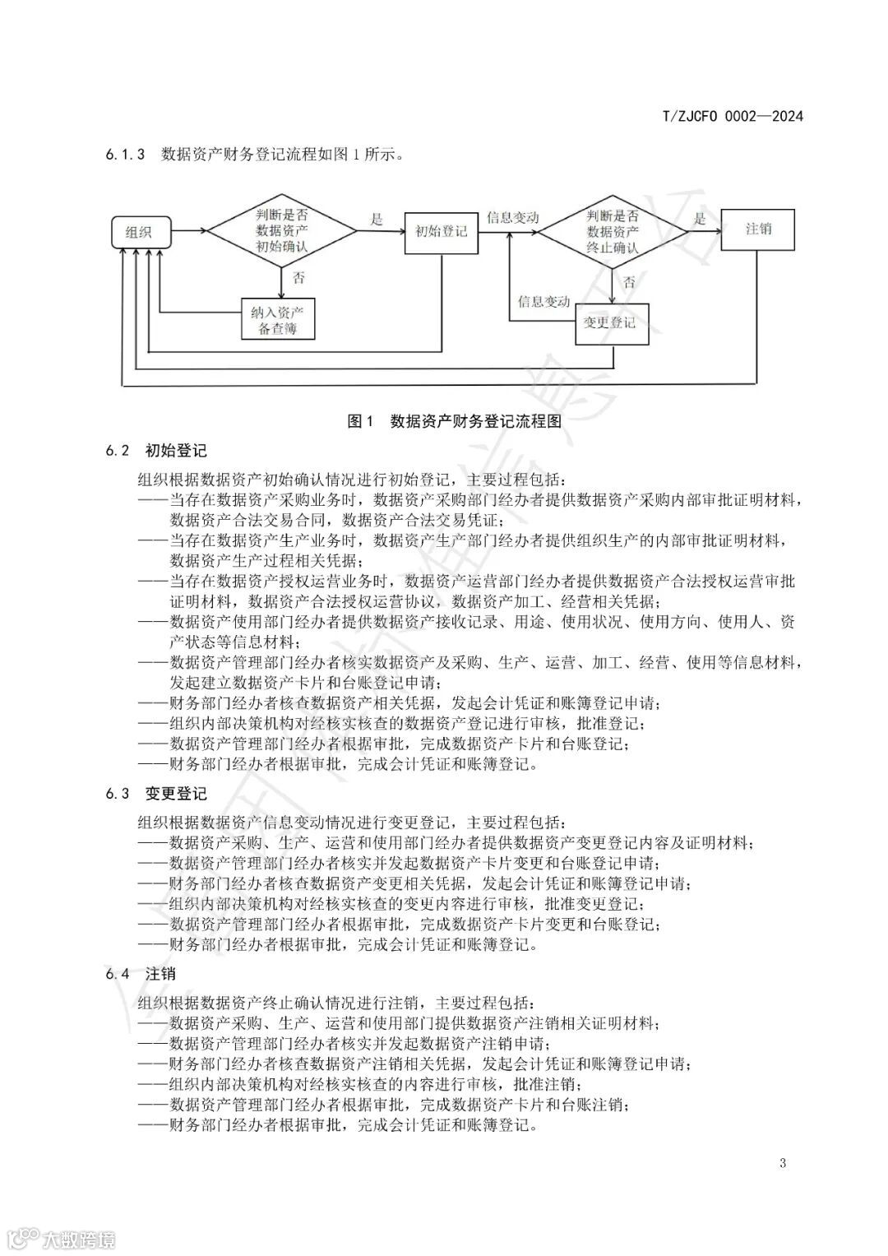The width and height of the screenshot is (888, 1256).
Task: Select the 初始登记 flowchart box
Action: (441, 231)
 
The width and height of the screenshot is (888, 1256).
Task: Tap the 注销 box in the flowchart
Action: (757, 229)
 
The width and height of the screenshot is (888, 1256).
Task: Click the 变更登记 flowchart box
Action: (609, 322)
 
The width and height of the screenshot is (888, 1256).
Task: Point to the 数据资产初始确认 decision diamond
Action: (282, 231)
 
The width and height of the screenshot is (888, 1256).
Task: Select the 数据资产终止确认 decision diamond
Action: (613, 231)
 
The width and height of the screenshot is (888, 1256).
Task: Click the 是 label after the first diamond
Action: (377, 219)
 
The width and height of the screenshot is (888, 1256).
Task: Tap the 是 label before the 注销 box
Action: (700, 218)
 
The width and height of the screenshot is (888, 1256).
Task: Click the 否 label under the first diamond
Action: (298, 278)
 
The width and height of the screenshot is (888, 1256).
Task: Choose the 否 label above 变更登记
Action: (629, 282)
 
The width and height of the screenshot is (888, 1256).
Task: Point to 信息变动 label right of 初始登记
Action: (512, 218)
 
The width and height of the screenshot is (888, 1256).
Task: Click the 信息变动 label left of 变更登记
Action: (543, 302)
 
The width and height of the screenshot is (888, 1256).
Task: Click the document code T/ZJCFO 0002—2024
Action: (732, 116)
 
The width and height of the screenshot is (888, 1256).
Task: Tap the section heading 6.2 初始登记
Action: (155, 451)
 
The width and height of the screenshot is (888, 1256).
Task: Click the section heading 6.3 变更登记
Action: (155, 794)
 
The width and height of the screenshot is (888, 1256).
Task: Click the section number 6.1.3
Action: (125, 154)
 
